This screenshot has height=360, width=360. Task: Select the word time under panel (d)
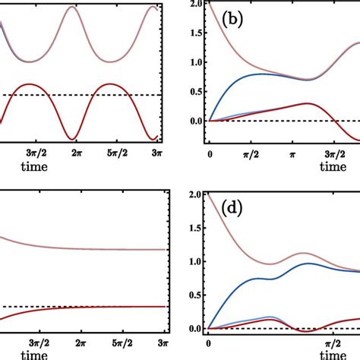pyautogui.click(x=334, y=354)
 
